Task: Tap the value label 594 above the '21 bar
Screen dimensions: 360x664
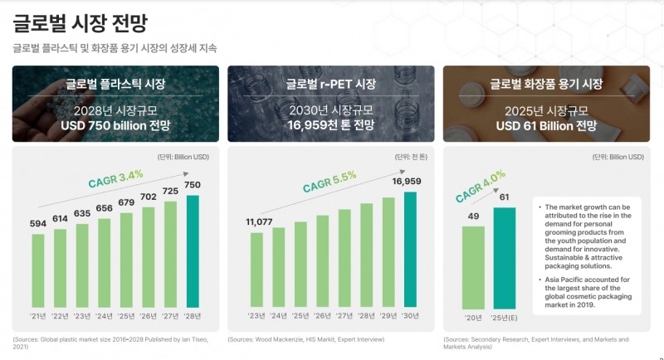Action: click(37, 224)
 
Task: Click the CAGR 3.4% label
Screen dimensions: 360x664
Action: click(116, 176)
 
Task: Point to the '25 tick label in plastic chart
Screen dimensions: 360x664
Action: click(126, 315)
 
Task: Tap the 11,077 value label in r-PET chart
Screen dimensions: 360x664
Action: click(259, 221)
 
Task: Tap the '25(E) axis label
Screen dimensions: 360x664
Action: click(505, 315)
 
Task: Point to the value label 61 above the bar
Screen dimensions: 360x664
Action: click(505, 197)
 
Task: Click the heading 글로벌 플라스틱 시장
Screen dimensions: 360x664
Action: click(115, 84)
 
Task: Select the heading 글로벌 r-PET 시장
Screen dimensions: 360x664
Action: click(330, 84)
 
